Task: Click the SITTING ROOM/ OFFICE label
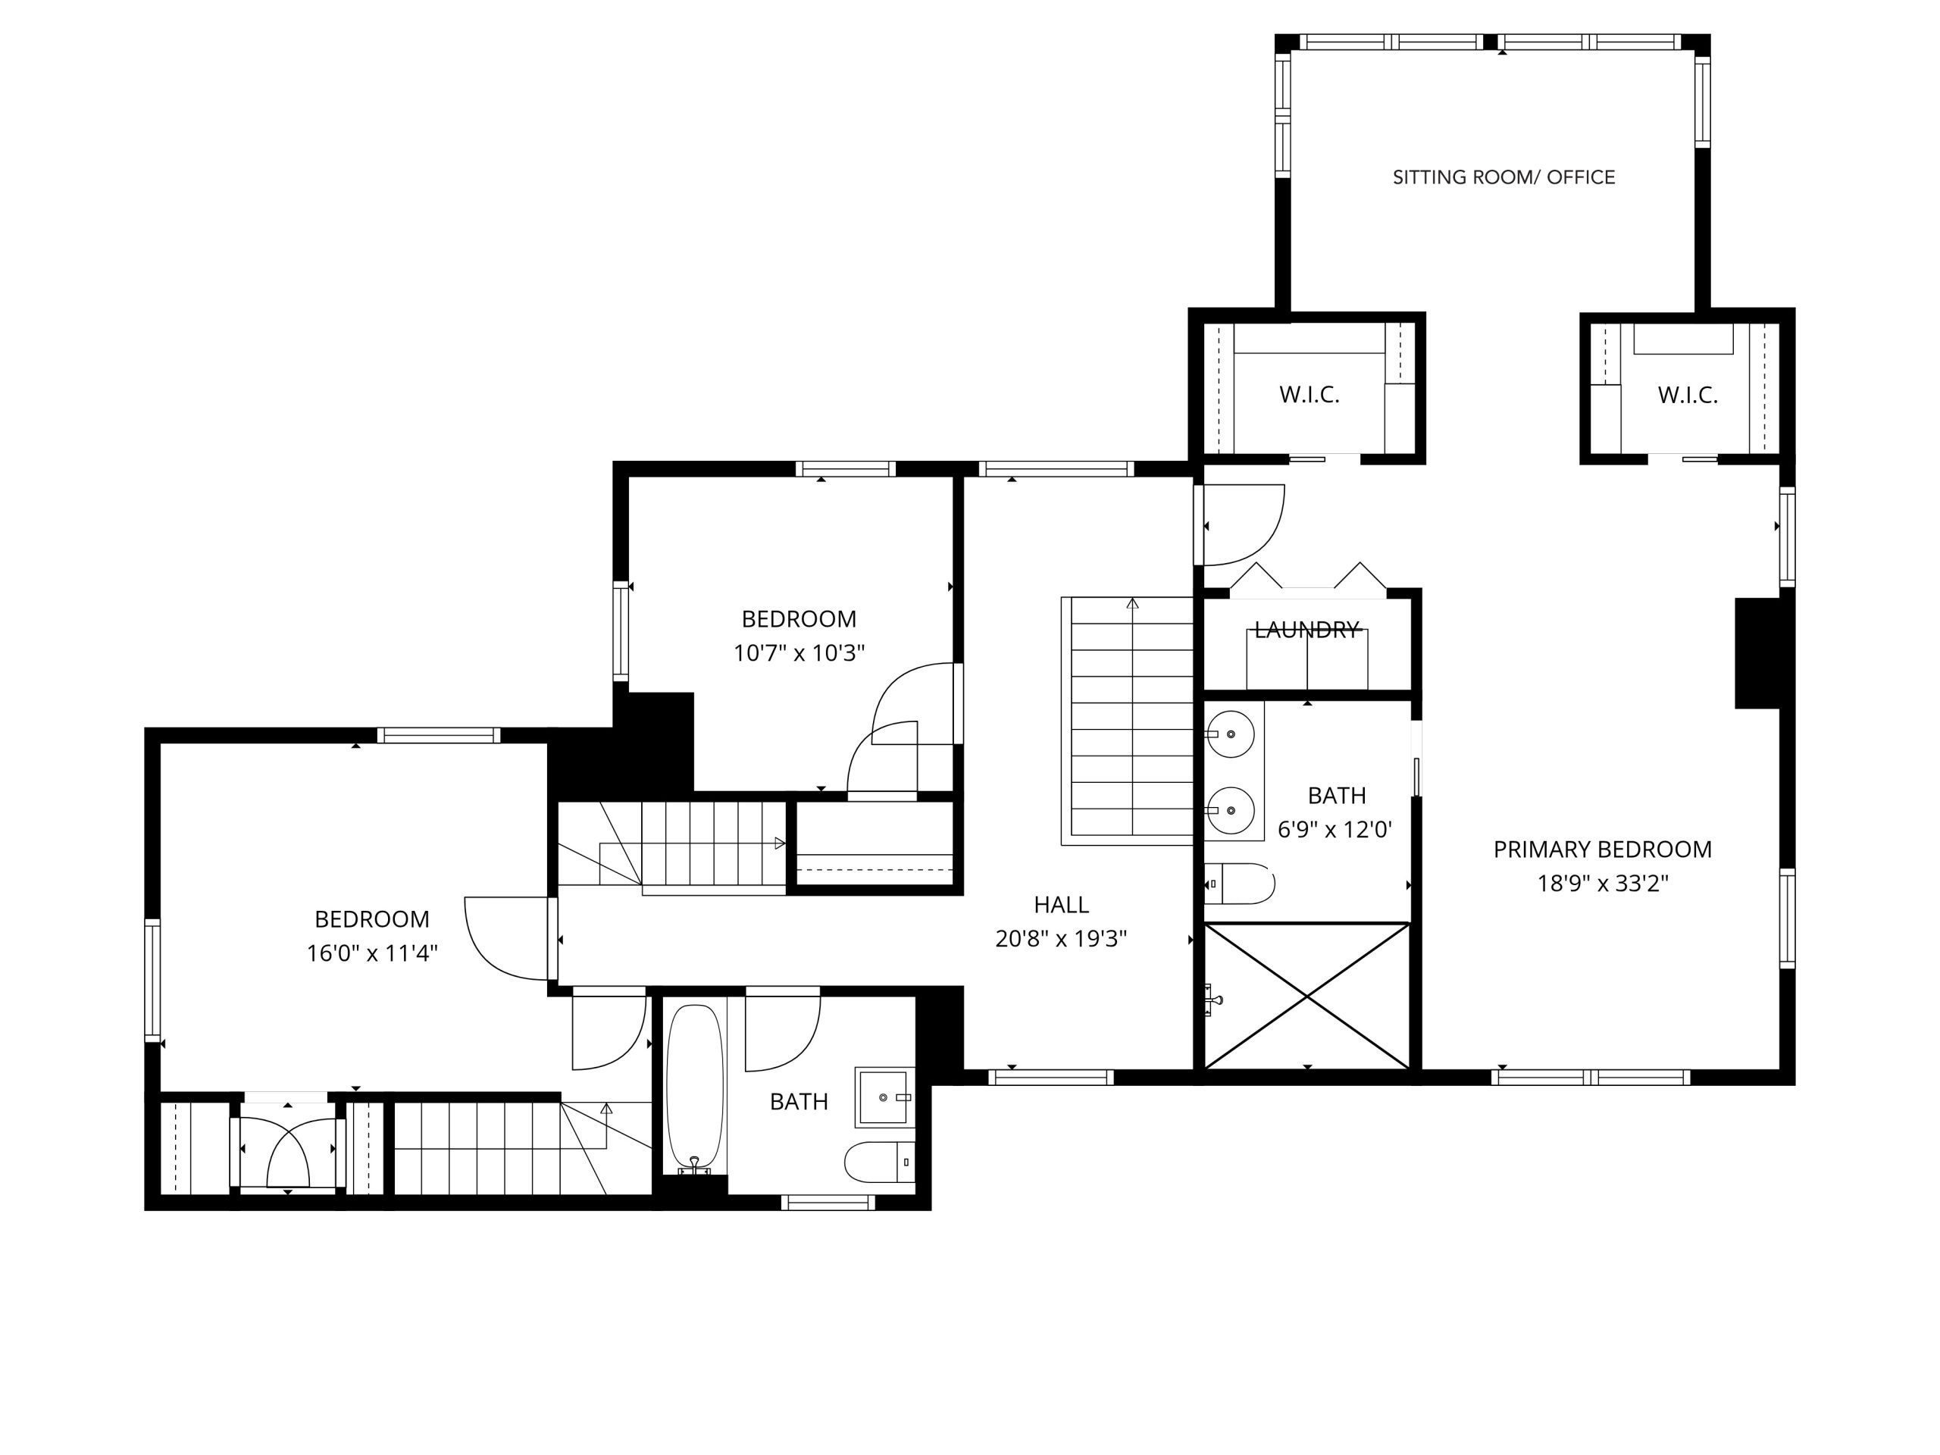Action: coord(1503,177)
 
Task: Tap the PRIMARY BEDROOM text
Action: coord(1601,849)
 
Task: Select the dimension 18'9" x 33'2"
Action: coord(1601,883)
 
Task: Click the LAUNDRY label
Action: coord(1306,630)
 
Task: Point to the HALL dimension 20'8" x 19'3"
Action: coord(1060,938)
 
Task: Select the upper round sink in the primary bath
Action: coord(1231,734)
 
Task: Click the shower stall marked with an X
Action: coord(1306,997)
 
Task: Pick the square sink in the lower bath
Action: coord(883,1097)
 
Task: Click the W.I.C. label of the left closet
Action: coord(1309,395)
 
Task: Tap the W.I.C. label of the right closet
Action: coord(1687,395)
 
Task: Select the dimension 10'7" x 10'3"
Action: coord(799,652)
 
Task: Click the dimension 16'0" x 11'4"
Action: coord(372,953)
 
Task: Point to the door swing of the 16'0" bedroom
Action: coord(504,937)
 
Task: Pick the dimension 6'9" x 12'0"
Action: coord(1335,830)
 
